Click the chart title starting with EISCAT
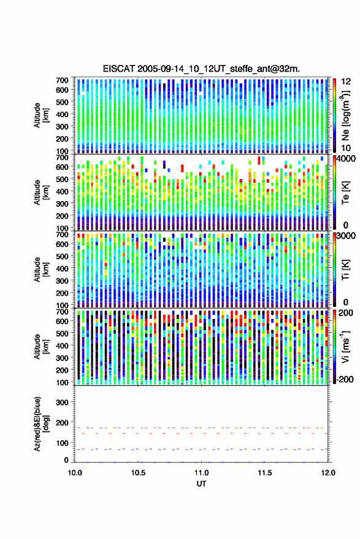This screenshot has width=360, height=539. [x=201, y=69]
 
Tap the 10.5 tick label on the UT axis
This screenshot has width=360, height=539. [x=138, y=473]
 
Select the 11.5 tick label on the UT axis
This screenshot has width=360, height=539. [x=264, y=473]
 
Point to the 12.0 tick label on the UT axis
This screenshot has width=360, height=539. [x=328, y=473]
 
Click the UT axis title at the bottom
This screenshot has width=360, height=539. [x=201, y=484]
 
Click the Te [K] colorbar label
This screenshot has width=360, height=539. [x=345, y=193]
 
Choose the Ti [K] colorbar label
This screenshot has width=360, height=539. [x=345, y=270]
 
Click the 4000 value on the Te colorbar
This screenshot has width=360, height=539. [x=347, y=159]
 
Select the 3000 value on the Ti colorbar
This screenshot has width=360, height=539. [x=347, y=236]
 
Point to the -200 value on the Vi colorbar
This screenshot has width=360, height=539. [x=345, y=379]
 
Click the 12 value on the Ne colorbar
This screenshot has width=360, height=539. [x=347, y=82]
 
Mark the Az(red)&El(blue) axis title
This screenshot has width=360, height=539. [x=40, y=424]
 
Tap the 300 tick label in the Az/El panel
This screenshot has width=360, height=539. [x=62, y=402]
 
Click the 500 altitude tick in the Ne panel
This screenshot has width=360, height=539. [x=62, y=102]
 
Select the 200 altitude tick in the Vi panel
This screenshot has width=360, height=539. [x=62, y=370]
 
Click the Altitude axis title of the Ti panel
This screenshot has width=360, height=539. [x=40, y=270]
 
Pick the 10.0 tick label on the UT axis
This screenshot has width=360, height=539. [x=75, y=473]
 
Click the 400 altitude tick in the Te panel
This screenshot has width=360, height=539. [x=62, y=191]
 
